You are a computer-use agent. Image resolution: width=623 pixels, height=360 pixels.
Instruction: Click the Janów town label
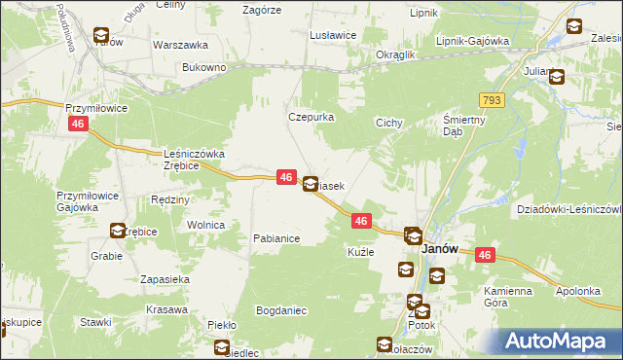tap(440, 249)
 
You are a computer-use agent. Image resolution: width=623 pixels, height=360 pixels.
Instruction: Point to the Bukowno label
tap(204, 68)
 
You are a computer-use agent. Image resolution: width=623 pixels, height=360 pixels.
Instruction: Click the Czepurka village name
tap(311, 117)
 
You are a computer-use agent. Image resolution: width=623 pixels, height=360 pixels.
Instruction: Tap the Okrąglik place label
tap(396, 54)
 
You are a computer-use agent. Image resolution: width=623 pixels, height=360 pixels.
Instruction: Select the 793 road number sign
tap(491, 100)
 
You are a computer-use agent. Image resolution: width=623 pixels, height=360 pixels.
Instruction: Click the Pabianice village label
tap(275, 237)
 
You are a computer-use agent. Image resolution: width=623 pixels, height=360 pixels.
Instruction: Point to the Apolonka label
tap(582, 291)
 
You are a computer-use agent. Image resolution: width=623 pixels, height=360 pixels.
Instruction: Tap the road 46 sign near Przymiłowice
tap(79, 125)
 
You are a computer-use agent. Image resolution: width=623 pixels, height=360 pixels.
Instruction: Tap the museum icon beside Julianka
tap(557, 79)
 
